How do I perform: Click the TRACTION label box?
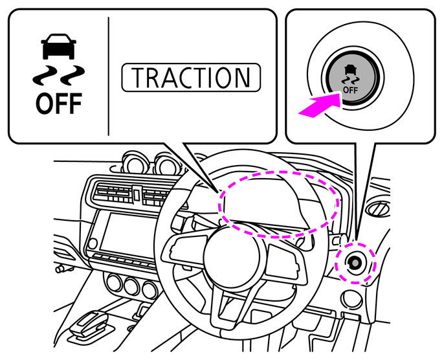(191, 77)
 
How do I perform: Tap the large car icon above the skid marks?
(59, 47)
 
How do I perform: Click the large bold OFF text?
(59, 104)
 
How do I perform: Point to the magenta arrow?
(320, 104)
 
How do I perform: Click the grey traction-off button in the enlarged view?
(352, 77)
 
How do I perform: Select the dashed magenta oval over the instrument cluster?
(278, 204)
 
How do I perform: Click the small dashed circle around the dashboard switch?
(355, 263)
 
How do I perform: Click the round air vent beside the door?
(379, 209)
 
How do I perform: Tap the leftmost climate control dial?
(114, 284)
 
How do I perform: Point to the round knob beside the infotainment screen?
(93, 243)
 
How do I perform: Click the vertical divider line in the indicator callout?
(109, 76)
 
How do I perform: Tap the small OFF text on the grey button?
(350, 91)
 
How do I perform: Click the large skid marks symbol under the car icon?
(59, 75)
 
